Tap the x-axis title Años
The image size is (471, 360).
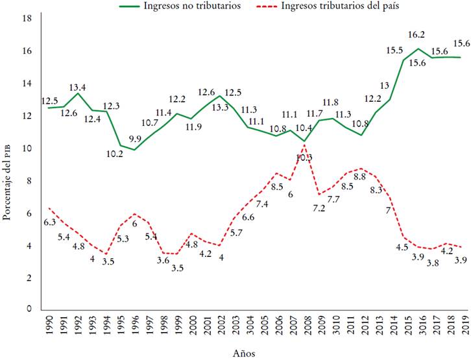click(244, 353)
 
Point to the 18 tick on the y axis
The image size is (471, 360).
click(27, 18)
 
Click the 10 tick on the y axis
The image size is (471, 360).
click(27, 148)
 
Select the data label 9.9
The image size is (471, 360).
click(134, 157)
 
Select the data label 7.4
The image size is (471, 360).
click(263, 204)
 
